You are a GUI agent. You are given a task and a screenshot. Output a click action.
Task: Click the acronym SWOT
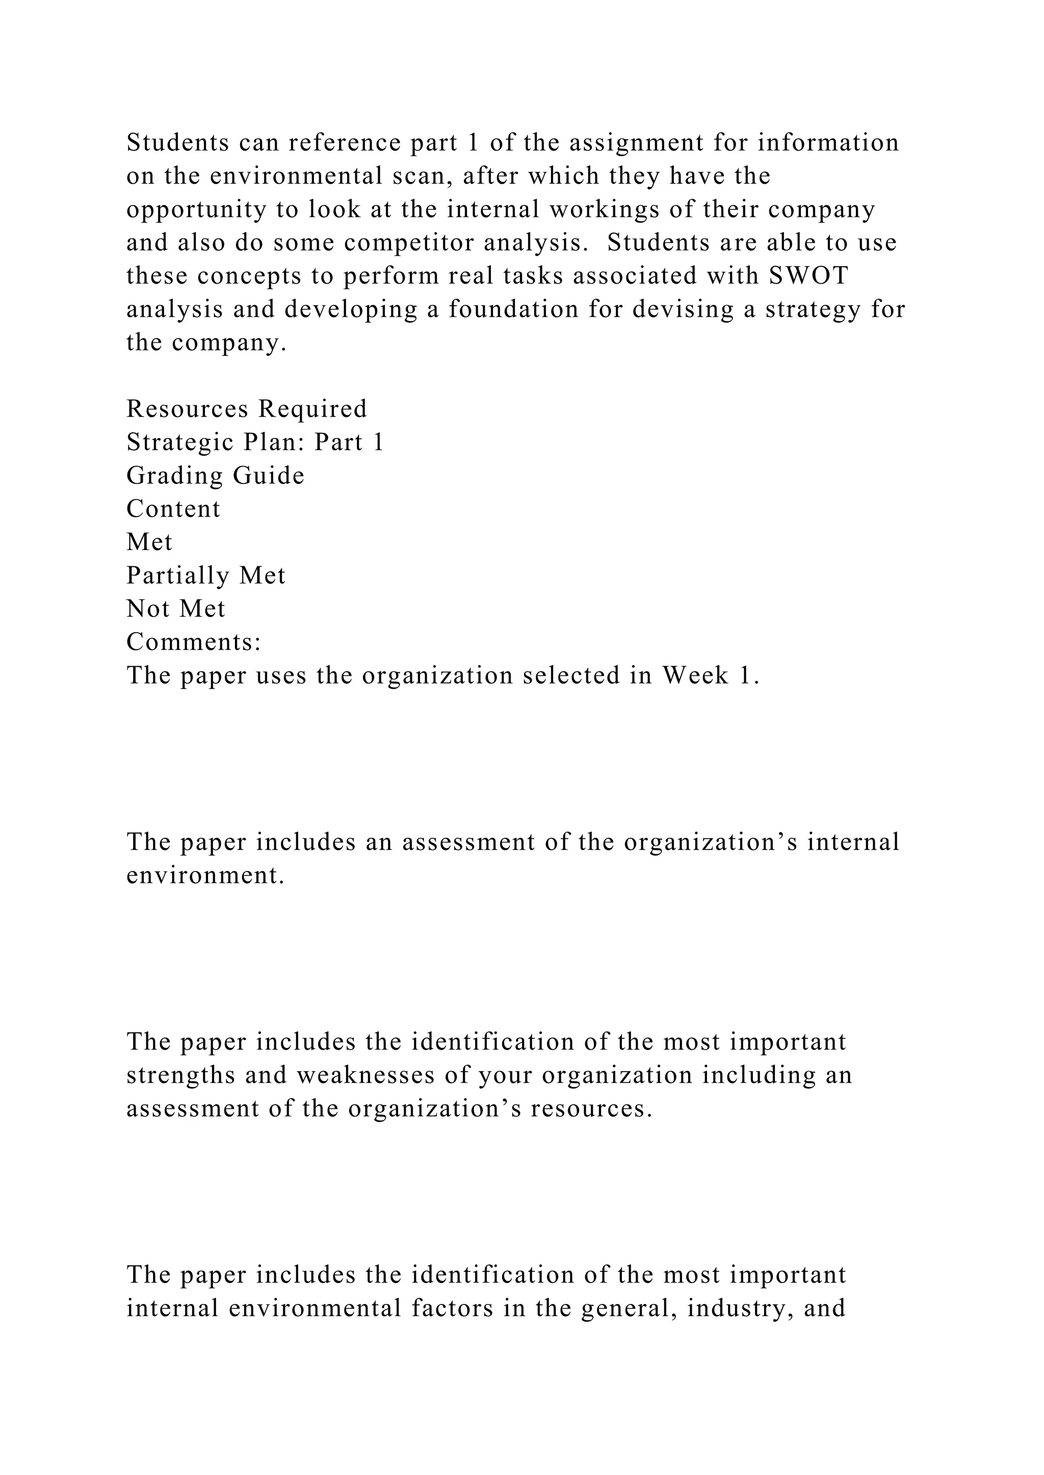click(x=808, y=276)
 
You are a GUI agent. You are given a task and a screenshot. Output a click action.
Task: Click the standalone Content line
click(x=173, y=509)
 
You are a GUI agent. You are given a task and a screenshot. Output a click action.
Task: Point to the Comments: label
click(x=194, y=642)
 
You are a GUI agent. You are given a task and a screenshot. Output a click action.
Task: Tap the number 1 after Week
click(x=745, y=675)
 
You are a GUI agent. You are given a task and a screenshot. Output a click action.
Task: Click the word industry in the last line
click(x=732, y=1308)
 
